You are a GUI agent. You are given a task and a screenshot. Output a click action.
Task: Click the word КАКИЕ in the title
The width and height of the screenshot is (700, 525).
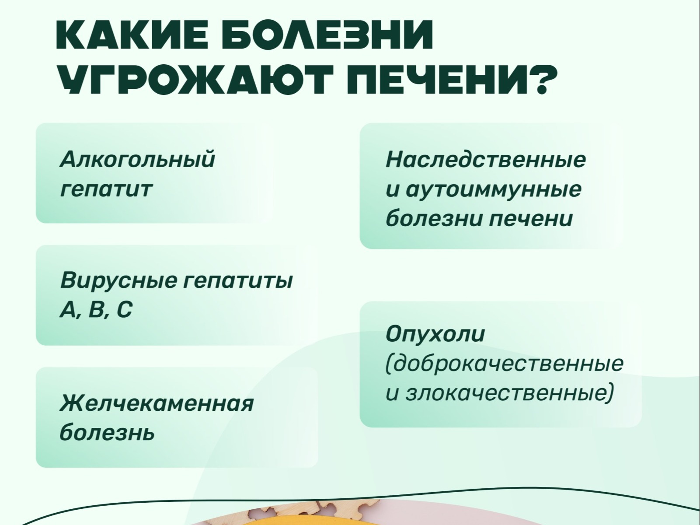(135, 35)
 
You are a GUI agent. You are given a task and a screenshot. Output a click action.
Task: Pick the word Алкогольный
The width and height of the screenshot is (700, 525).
(137, 159)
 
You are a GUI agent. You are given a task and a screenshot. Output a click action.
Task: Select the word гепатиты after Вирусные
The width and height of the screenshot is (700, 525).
(237, 281)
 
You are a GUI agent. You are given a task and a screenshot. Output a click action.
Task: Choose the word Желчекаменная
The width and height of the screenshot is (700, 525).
(157, 403)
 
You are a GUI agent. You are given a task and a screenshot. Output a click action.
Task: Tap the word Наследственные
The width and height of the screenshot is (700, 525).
(486, 160)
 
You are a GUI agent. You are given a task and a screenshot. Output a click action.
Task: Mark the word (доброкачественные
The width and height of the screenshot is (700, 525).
(504, 363)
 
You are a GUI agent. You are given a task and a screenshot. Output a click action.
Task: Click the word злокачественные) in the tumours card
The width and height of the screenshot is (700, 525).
(509, 393)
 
